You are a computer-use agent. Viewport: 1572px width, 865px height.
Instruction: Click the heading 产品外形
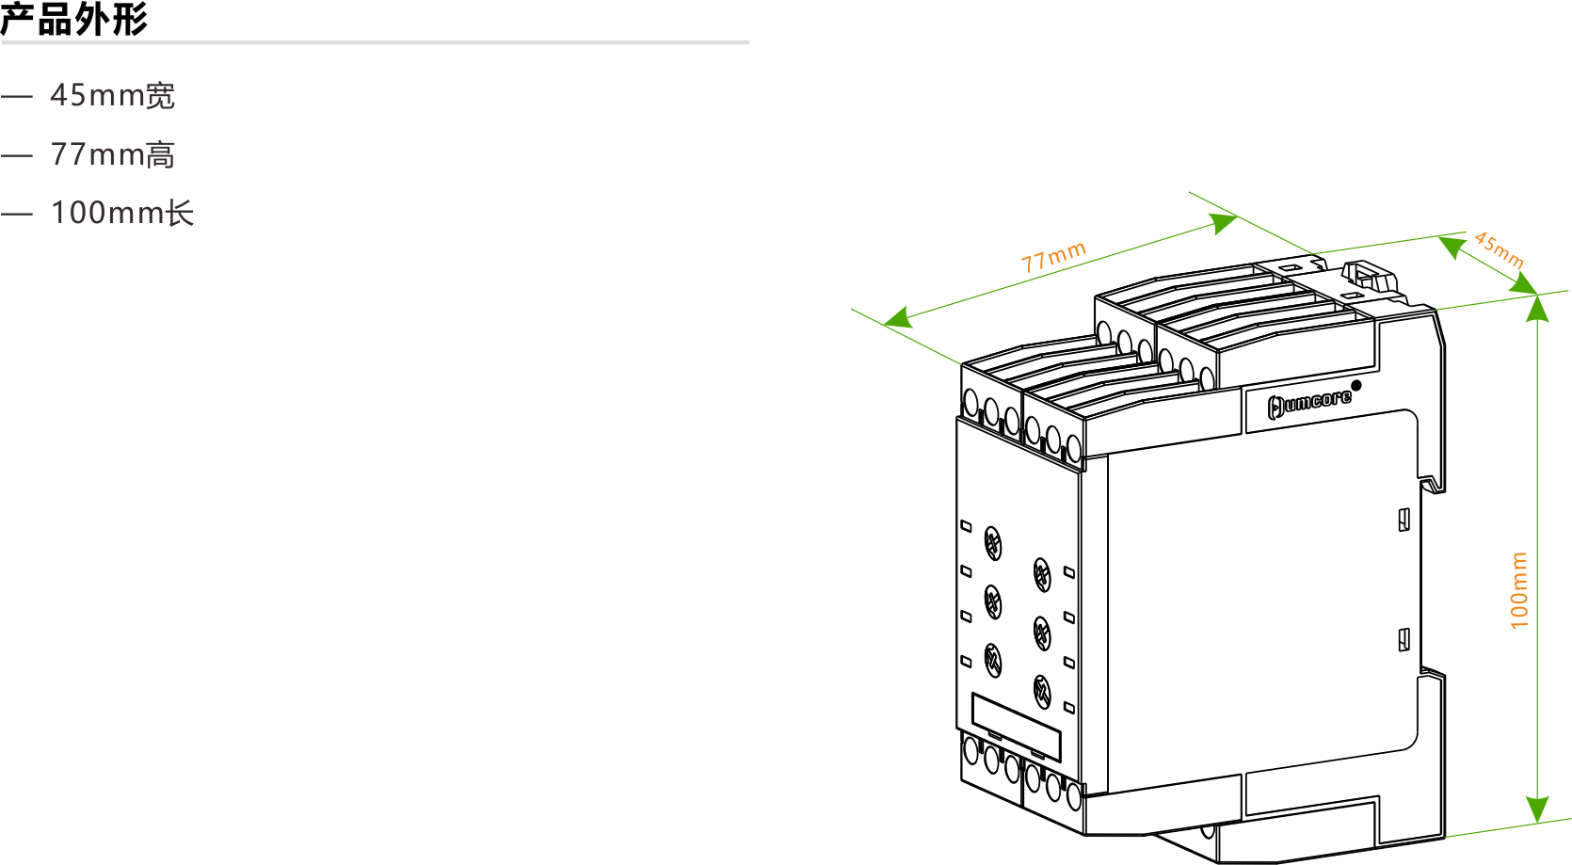click(73, 18)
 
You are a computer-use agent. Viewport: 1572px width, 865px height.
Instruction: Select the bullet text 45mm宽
click(112, 95)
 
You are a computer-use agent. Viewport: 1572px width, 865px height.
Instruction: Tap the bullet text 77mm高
click(112, 154)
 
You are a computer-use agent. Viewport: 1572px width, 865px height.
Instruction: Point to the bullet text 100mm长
click(122, 213)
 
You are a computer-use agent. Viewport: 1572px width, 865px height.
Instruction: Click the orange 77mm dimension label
click(1053, 257)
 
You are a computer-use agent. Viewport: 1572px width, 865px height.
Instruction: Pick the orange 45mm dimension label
click(1499, 249)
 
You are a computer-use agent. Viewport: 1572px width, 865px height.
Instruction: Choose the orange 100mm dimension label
click(1518, 590)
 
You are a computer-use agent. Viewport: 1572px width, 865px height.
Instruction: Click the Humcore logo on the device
click(1308, 404)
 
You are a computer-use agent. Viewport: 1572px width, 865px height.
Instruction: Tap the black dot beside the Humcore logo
click(1355, 385)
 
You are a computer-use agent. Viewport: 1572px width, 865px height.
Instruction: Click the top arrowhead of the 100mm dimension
click(1537, 309)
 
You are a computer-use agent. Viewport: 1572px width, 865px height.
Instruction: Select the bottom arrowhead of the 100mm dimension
click(1537, 809)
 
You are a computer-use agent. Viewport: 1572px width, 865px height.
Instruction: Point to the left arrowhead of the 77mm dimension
click(898, 318)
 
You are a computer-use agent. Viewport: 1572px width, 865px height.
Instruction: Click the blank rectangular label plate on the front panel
click(1016, 727)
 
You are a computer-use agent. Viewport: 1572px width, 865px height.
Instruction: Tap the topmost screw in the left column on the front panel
click(993, 543)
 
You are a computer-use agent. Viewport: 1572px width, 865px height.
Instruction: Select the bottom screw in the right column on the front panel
click(1042, 692)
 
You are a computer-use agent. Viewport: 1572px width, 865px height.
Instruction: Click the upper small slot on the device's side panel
click(1404, 520)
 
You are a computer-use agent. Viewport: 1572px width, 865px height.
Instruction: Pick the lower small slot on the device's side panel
click(1404, 639)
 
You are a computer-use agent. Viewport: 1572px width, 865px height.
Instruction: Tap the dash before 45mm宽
click(17, 96)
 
